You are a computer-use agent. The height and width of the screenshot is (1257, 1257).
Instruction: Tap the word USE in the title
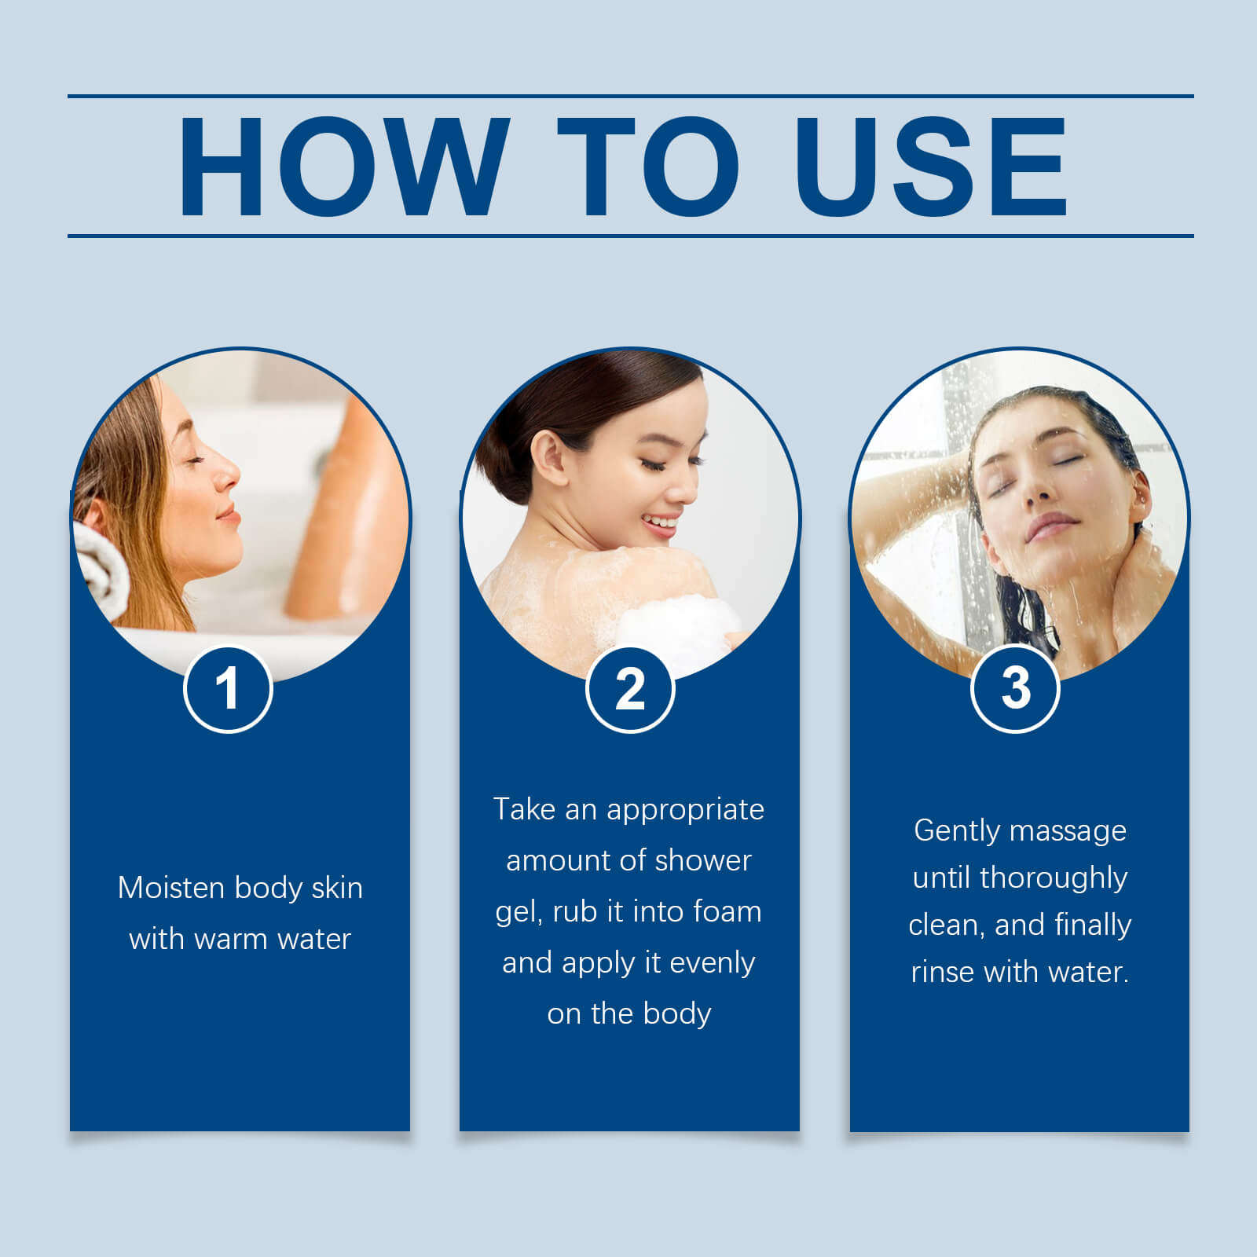point(931,166)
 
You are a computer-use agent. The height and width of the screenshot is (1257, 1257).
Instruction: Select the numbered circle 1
point(228,689)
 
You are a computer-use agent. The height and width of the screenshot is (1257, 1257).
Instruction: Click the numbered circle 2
point(630,690)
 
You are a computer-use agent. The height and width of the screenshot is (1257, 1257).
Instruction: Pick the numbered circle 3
point(1015,688)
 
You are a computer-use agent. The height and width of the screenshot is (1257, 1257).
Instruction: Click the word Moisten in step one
point(171,888)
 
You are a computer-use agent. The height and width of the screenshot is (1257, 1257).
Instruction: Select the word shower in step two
point(703,860)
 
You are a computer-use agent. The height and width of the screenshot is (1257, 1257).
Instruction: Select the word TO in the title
point(648,166)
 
